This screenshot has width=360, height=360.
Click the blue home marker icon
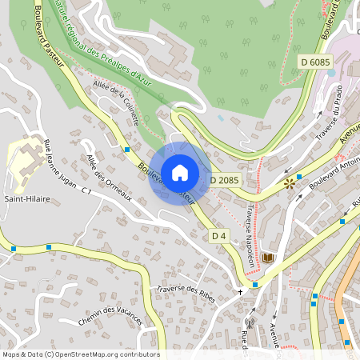point(180,173)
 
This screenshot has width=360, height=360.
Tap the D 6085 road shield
point(316,62)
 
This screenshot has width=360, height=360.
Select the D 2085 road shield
point(226,181)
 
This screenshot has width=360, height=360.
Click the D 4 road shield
point(219,236)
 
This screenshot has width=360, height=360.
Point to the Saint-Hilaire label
point(24,198)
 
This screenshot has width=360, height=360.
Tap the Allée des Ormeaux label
point(109,179)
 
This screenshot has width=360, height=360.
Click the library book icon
point(267,258)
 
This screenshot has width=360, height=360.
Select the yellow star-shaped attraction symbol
point(289,184)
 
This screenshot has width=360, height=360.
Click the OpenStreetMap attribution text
point(80,354)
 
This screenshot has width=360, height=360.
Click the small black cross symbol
point(239,292)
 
